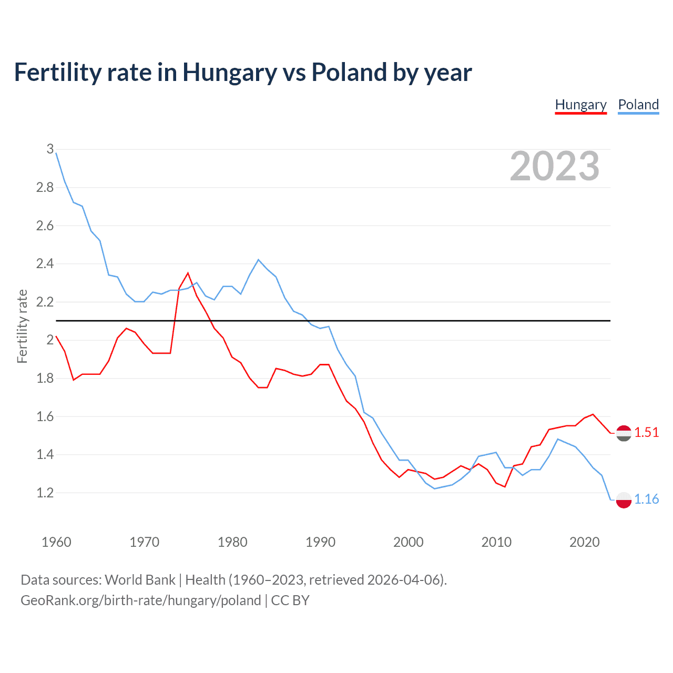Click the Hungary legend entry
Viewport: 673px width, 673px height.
coord(580,105)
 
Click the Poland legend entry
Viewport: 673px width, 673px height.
coord(638,105)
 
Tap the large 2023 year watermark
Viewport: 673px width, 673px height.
coord(555,167)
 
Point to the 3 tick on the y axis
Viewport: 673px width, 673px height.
coord(50,149)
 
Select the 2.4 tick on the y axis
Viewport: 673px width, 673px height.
coord(45,263)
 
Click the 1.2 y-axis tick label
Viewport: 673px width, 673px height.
coord(45,493)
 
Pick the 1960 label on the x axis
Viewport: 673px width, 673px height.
coord(56,542)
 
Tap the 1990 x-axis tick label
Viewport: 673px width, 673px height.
coord(320,542)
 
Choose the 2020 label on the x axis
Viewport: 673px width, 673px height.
coord(584,542)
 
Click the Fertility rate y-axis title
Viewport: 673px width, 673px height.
coord(22,326)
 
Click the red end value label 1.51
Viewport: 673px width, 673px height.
coord(646,432)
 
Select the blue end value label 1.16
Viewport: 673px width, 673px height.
coord(646,499)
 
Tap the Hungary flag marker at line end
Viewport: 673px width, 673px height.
coord(624,433)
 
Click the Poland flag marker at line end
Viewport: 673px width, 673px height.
coord(624,500)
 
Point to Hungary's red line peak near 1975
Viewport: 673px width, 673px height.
coord(188,273)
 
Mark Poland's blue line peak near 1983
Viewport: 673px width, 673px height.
coord(258,260)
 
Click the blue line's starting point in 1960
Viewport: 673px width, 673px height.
coord(56,153)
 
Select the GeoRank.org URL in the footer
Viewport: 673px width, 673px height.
coord(141,600)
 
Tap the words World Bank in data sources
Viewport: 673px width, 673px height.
coord(140,580)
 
